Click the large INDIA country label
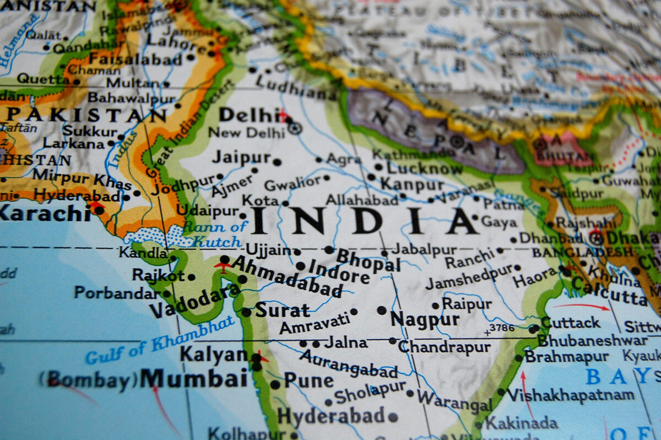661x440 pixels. point(364,221)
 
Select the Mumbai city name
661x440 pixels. point(193,379)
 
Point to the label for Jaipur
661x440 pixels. point(241,157)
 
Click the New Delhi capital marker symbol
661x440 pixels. point(295,128)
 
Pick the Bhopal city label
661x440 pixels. point(368,260)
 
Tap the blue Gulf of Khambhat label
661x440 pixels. point(160,341)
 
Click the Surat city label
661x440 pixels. point(282,310)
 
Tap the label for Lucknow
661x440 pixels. point(424,168)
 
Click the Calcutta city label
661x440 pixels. point(609,291)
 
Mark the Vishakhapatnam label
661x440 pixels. point(570,395)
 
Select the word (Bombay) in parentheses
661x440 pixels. point(88,379)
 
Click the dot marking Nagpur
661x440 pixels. point(381,310)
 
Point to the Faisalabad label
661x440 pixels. point(135,58)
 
